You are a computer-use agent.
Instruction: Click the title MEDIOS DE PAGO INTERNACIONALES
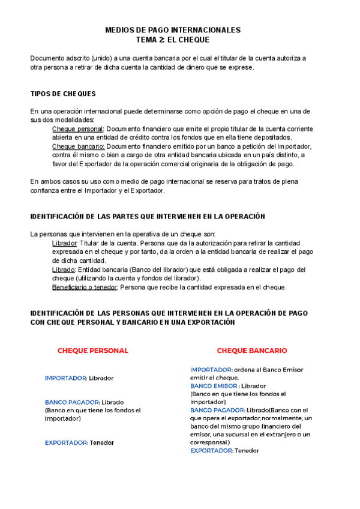173,29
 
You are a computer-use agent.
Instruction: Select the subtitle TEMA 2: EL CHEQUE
173,40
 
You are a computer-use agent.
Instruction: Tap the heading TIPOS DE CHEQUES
63,94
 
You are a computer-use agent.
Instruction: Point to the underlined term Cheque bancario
78,146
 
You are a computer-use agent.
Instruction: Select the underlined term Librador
65,243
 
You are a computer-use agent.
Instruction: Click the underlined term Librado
64,270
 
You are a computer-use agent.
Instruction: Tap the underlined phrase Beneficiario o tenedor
85,287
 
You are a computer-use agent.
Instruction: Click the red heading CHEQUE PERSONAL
92,351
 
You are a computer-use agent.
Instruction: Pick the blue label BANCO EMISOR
214,386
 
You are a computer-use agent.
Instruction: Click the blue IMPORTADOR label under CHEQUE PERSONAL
66,378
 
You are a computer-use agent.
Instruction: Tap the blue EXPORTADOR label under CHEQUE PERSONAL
66,443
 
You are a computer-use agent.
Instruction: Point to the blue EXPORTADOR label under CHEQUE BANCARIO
212,450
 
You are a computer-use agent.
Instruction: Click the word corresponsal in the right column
209,442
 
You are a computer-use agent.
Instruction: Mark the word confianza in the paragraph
46,191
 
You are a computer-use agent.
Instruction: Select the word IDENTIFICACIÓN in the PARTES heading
58,216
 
